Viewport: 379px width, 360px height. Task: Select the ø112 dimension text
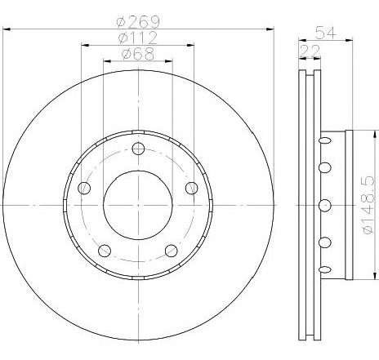click(137, 38)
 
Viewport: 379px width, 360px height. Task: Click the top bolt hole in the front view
click(137, 149)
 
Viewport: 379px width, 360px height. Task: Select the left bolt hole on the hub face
click(84, 189)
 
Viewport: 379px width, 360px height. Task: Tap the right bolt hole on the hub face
click(191, 189)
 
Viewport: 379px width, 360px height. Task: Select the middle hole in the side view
click(324, 204)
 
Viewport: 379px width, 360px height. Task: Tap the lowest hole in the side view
click(324, 269)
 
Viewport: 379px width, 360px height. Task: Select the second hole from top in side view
click(324, 168)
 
